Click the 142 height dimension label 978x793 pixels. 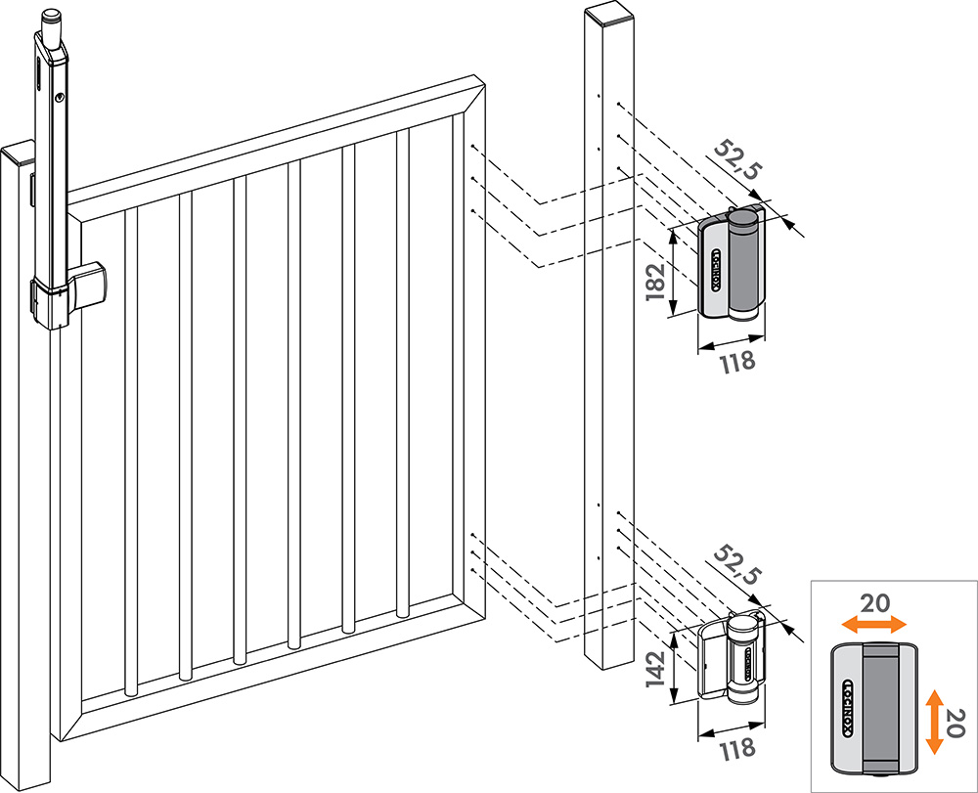pyautogui.click(x=655, y=670)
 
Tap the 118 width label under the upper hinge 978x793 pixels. pyautogui.click(x=737, y=361)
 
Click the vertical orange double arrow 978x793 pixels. pyautogui.click(x=935, y=721)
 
